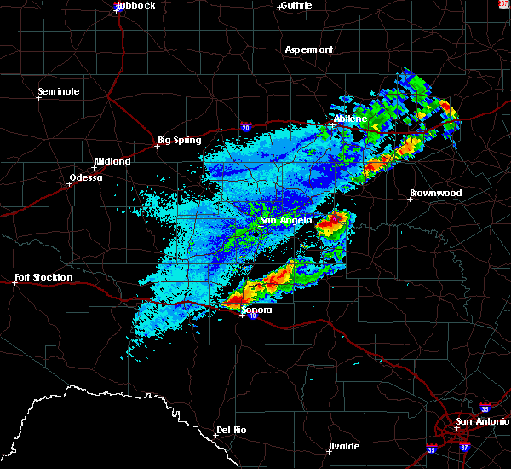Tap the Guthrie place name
[295, 5]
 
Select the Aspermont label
[308, 49]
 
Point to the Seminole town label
[59, 91]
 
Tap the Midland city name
[112, 161]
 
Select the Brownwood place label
[435, 193]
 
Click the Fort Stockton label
[43, 277]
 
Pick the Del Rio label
[231, 430]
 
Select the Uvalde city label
[344, 446]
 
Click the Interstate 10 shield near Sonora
[253, 316]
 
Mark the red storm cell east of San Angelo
[335, 221]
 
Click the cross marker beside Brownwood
[411, 199]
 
